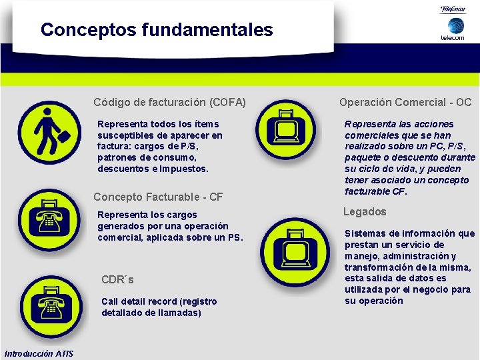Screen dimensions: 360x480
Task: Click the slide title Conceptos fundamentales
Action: click(157, 30)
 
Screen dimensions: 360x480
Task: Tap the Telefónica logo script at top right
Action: click(456, 9)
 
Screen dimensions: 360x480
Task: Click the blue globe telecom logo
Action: click(456, 27)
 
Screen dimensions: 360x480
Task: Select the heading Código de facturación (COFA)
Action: click(169, 103)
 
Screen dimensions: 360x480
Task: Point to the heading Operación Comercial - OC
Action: click(405, 103)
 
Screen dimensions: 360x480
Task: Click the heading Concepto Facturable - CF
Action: click(158, 197)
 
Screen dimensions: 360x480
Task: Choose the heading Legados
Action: click(365, 212)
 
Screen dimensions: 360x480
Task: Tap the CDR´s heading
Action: click(117, 279)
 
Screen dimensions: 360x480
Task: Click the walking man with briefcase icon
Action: click(49, 132)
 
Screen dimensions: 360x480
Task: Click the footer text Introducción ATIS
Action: click(39, 353)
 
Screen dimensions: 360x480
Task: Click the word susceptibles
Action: click(127, 135)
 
